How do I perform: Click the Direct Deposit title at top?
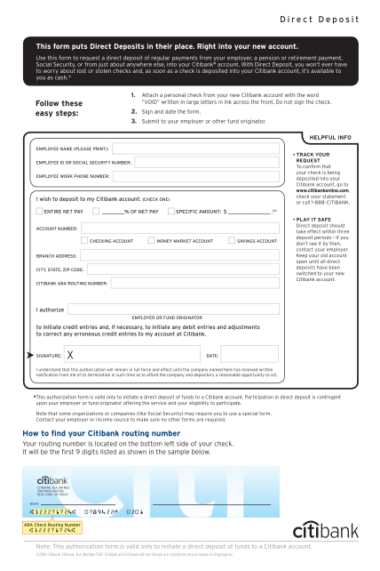pos(320,19)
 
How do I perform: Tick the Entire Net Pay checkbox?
pos(39,213)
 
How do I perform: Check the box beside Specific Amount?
pos(170,213)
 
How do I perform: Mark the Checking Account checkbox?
pos(84,241)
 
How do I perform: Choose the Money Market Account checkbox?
pos(151,241)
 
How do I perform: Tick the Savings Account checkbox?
pos(232,241)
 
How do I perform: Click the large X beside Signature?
pos(57,354)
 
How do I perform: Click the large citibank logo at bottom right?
pos(318,529)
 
